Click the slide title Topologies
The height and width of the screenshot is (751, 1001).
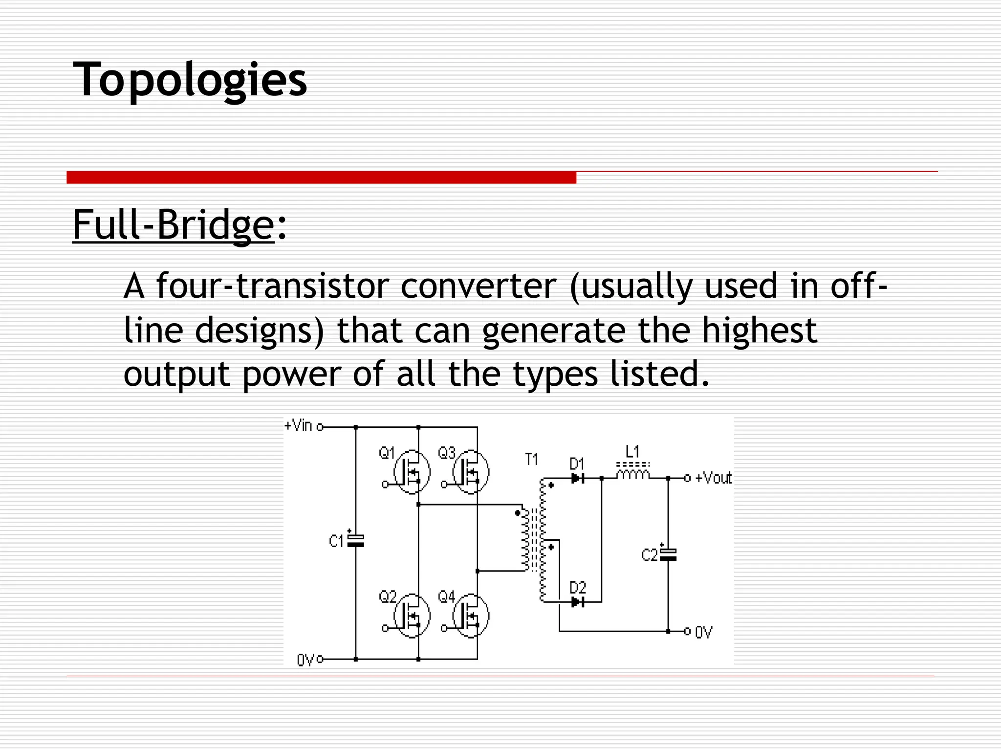(x=190, y=79)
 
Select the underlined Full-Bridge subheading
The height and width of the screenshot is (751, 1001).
(x=173, y=224)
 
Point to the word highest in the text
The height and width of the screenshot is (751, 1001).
(x=759, y=331)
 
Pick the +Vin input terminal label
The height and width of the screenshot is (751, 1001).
(x=298, y=426)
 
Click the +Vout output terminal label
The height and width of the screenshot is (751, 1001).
(x=713, y=478)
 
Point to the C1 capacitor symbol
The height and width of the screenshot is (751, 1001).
(x=355, y=540)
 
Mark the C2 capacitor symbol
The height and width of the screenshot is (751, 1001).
(x=668, y=554)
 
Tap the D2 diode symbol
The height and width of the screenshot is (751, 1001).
(x=578, y=602)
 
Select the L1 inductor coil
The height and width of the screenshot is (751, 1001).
(x=633, y=474)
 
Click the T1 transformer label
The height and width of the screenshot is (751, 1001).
(x=531, y=460)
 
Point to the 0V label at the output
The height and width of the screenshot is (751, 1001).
(x=704, y=633)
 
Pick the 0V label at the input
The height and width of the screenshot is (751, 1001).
(x=305, y=661)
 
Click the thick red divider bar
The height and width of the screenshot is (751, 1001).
(x=321, y=177)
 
